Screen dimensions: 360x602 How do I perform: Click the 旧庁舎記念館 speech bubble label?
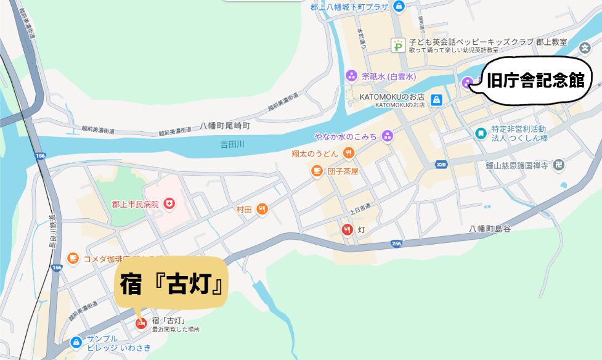[534, 80]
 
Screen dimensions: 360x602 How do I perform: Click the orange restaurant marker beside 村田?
[262, 210]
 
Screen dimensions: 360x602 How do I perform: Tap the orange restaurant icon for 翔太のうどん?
[348, 152]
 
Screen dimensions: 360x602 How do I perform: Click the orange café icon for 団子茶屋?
[317, 171]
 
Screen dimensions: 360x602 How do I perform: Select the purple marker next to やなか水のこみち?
[387, 136]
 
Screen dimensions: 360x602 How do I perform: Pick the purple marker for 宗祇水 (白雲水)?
[351, 76]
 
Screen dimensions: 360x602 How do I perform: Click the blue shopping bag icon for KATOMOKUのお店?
[436, 99]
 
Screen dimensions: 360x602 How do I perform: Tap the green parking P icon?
[399, 44]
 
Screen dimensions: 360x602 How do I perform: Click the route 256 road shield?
[396, 244]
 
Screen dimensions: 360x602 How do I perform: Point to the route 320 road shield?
[441, 165]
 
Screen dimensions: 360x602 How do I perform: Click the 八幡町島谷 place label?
[490, 229]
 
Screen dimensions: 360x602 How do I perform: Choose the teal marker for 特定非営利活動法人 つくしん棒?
[480, 133]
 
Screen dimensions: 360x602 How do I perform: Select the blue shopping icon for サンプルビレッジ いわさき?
[76, 342]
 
